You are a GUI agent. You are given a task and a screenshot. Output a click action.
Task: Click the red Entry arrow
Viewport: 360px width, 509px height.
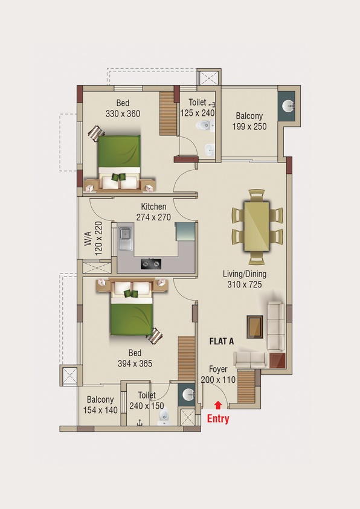(218, 405)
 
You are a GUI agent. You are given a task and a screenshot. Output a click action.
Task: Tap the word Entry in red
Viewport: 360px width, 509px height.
(218, 419)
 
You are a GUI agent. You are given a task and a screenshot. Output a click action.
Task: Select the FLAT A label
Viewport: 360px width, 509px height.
(222, 341)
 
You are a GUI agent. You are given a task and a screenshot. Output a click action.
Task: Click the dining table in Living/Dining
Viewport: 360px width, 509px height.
(257, 226)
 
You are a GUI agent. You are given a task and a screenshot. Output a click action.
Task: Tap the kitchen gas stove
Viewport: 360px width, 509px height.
(151, 264)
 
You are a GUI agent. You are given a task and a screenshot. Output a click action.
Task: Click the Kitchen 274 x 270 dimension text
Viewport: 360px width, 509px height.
(153, 217)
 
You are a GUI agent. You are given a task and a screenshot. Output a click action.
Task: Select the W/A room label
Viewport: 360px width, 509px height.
(88, 238)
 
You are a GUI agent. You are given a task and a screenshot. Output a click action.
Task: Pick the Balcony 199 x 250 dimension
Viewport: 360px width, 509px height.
(249, 126)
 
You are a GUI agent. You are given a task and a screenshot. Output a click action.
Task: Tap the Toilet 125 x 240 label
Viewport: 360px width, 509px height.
(198, 107)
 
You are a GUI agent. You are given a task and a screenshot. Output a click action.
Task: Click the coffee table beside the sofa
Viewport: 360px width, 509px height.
(255, 327)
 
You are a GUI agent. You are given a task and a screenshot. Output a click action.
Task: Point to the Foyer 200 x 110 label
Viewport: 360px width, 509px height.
(218, 374)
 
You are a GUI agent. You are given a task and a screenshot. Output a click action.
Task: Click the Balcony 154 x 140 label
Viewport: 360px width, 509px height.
(100, 405)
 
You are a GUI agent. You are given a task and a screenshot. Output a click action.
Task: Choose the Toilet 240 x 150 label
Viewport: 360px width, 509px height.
(147, 400)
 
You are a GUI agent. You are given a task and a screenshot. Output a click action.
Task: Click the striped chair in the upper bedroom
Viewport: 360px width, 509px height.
(97, 133)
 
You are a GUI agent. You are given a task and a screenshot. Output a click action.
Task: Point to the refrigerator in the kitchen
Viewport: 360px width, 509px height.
(185, 231)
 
